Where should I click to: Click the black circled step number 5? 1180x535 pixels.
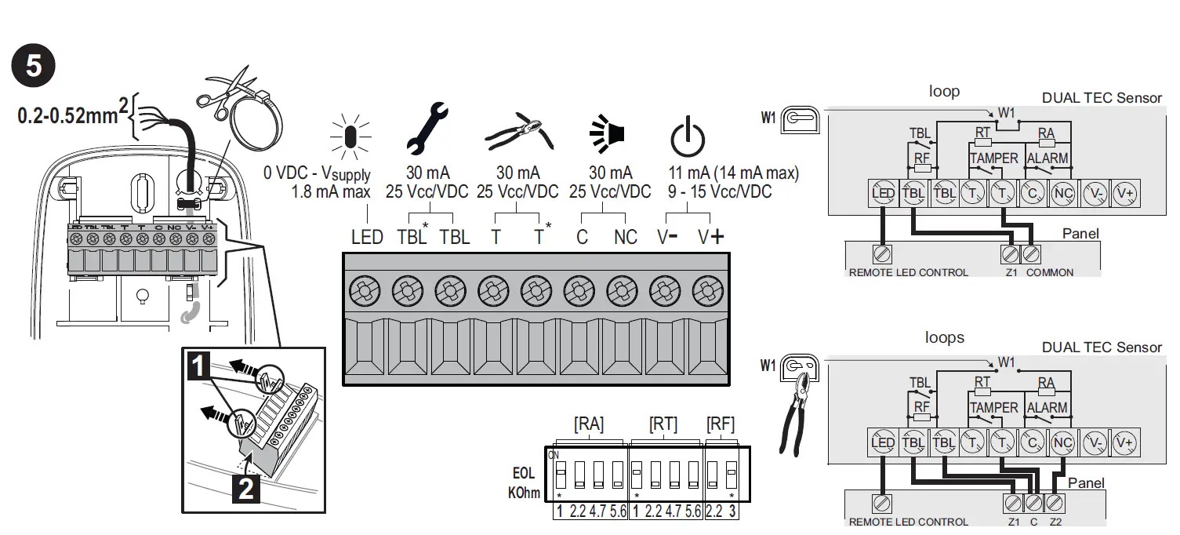point(34,65)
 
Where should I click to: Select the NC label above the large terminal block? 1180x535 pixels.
point(625,237)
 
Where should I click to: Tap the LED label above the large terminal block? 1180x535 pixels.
point(366,237)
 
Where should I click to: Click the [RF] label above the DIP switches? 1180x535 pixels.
point(721,424)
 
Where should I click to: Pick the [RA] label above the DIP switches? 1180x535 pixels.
point(589,424)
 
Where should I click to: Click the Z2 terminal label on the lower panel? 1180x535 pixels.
point(1055,522)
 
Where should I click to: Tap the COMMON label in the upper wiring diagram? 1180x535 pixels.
point(1050,272)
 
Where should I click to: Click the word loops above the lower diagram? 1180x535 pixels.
point(944,338)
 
